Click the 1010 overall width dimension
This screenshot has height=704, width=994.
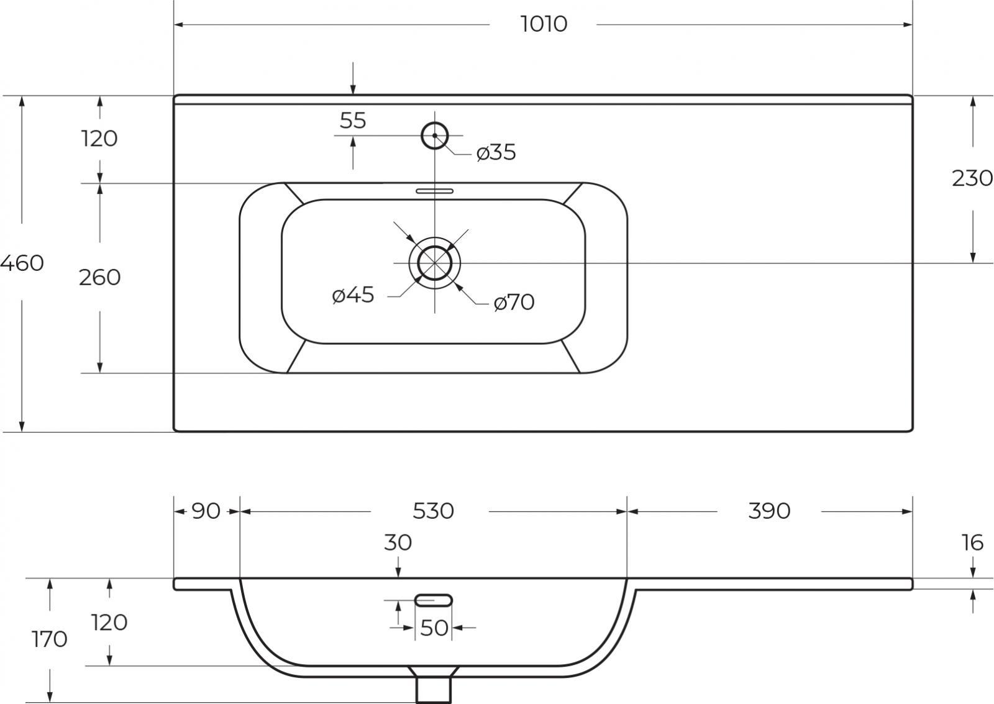coord(544,24)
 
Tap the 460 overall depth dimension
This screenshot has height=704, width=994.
coord(22,263)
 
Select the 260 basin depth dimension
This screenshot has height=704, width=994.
coord(100,277)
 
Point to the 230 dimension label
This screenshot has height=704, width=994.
coord(972,178)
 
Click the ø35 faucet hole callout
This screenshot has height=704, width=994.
coord(496,152)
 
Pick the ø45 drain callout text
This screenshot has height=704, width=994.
coord(353,295)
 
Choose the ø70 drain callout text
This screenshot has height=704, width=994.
coord(514,302)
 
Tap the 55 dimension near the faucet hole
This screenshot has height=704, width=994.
coord(353,121)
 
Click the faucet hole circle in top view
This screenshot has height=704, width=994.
coord(434,135)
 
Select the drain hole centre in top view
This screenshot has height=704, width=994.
coord(434,263)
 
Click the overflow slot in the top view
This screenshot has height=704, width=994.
coord(434,191)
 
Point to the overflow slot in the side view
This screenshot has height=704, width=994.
coord(434,600)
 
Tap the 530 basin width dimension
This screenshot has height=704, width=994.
coord(433,511)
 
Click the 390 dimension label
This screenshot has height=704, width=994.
coord(769,511)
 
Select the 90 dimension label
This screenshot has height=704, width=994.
coord(206,511)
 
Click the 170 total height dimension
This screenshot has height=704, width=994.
coord(49,639)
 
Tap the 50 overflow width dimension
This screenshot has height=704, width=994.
coord(434,628)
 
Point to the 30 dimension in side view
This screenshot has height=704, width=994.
coord(398,542)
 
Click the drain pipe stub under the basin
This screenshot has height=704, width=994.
coord(434,689)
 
